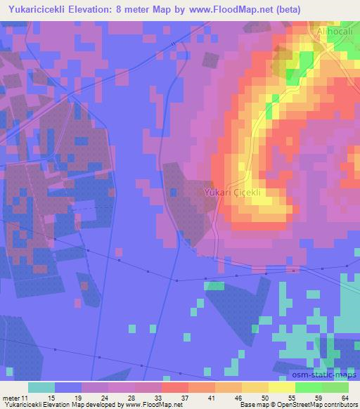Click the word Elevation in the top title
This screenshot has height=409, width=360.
[x=110, y=9]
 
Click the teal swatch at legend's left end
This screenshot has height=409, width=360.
[x=41, y=387]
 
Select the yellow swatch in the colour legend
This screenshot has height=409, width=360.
[x=282, y=387]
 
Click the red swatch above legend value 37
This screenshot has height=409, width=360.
[x=175, y=387]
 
